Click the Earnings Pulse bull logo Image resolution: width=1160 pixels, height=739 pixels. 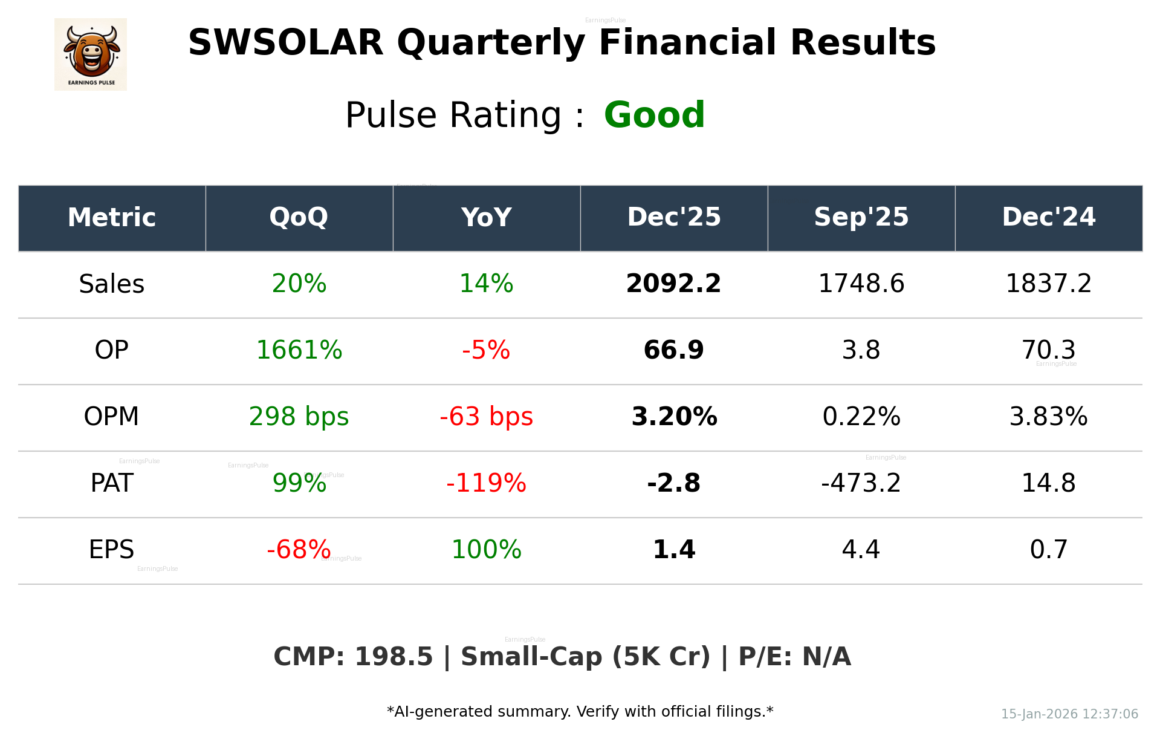tap(91, 54)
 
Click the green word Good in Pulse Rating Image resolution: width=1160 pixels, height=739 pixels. tap(654, 115)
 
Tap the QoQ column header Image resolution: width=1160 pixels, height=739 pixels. tap(299, 217)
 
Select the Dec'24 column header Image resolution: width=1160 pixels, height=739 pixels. tap(1048, 217)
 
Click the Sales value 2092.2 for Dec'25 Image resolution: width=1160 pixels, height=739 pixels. tap(673, 284)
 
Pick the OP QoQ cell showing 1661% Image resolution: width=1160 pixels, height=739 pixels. tap(299, 350)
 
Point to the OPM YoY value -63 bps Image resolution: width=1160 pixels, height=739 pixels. tap(486, 417)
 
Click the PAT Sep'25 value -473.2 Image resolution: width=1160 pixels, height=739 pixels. tap(861, 483)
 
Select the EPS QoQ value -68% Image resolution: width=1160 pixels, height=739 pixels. tap(299, 550)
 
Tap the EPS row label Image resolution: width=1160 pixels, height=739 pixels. tap(111, 550)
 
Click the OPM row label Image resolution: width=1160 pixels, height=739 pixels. tap(111, 417)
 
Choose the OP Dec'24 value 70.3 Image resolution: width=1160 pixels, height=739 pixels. tap(1048, 350)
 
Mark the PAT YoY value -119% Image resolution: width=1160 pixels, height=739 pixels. tap(486, 483)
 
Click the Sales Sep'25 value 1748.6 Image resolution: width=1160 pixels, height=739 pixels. tap(861, 284)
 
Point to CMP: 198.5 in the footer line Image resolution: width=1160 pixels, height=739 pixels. tap(353, 657)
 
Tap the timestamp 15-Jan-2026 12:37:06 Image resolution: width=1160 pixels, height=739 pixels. tap(1069, 714)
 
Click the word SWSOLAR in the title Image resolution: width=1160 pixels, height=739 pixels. tap(285, 43)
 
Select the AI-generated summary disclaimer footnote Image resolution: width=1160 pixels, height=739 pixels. tap(580, 712)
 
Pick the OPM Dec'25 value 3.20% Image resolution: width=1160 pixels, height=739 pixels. tap(673, 417)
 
